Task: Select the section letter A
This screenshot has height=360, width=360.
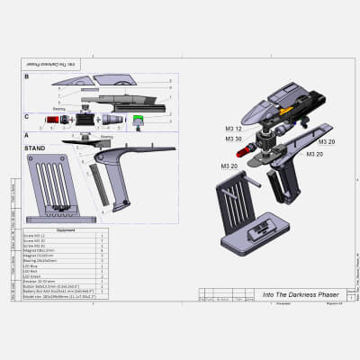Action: point(26,134)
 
